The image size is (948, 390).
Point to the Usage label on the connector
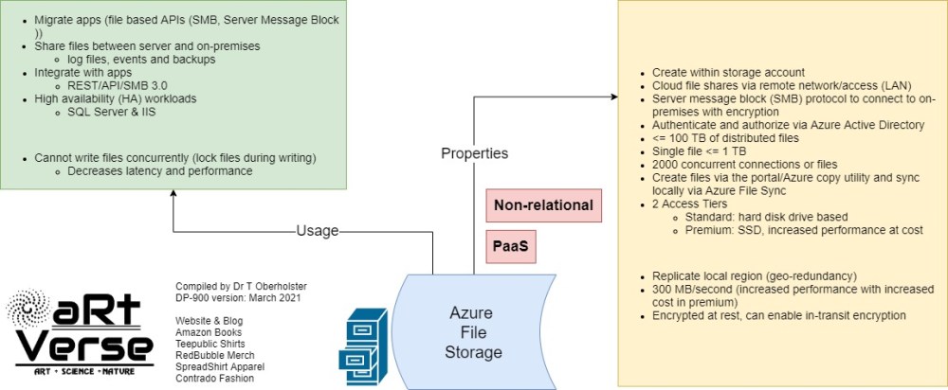tap(317, 230)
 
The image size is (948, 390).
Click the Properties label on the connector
tap(474, 153)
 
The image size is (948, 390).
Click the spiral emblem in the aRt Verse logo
tap(29, 309)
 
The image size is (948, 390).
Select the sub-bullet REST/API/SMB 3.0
tap(118, 85)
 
